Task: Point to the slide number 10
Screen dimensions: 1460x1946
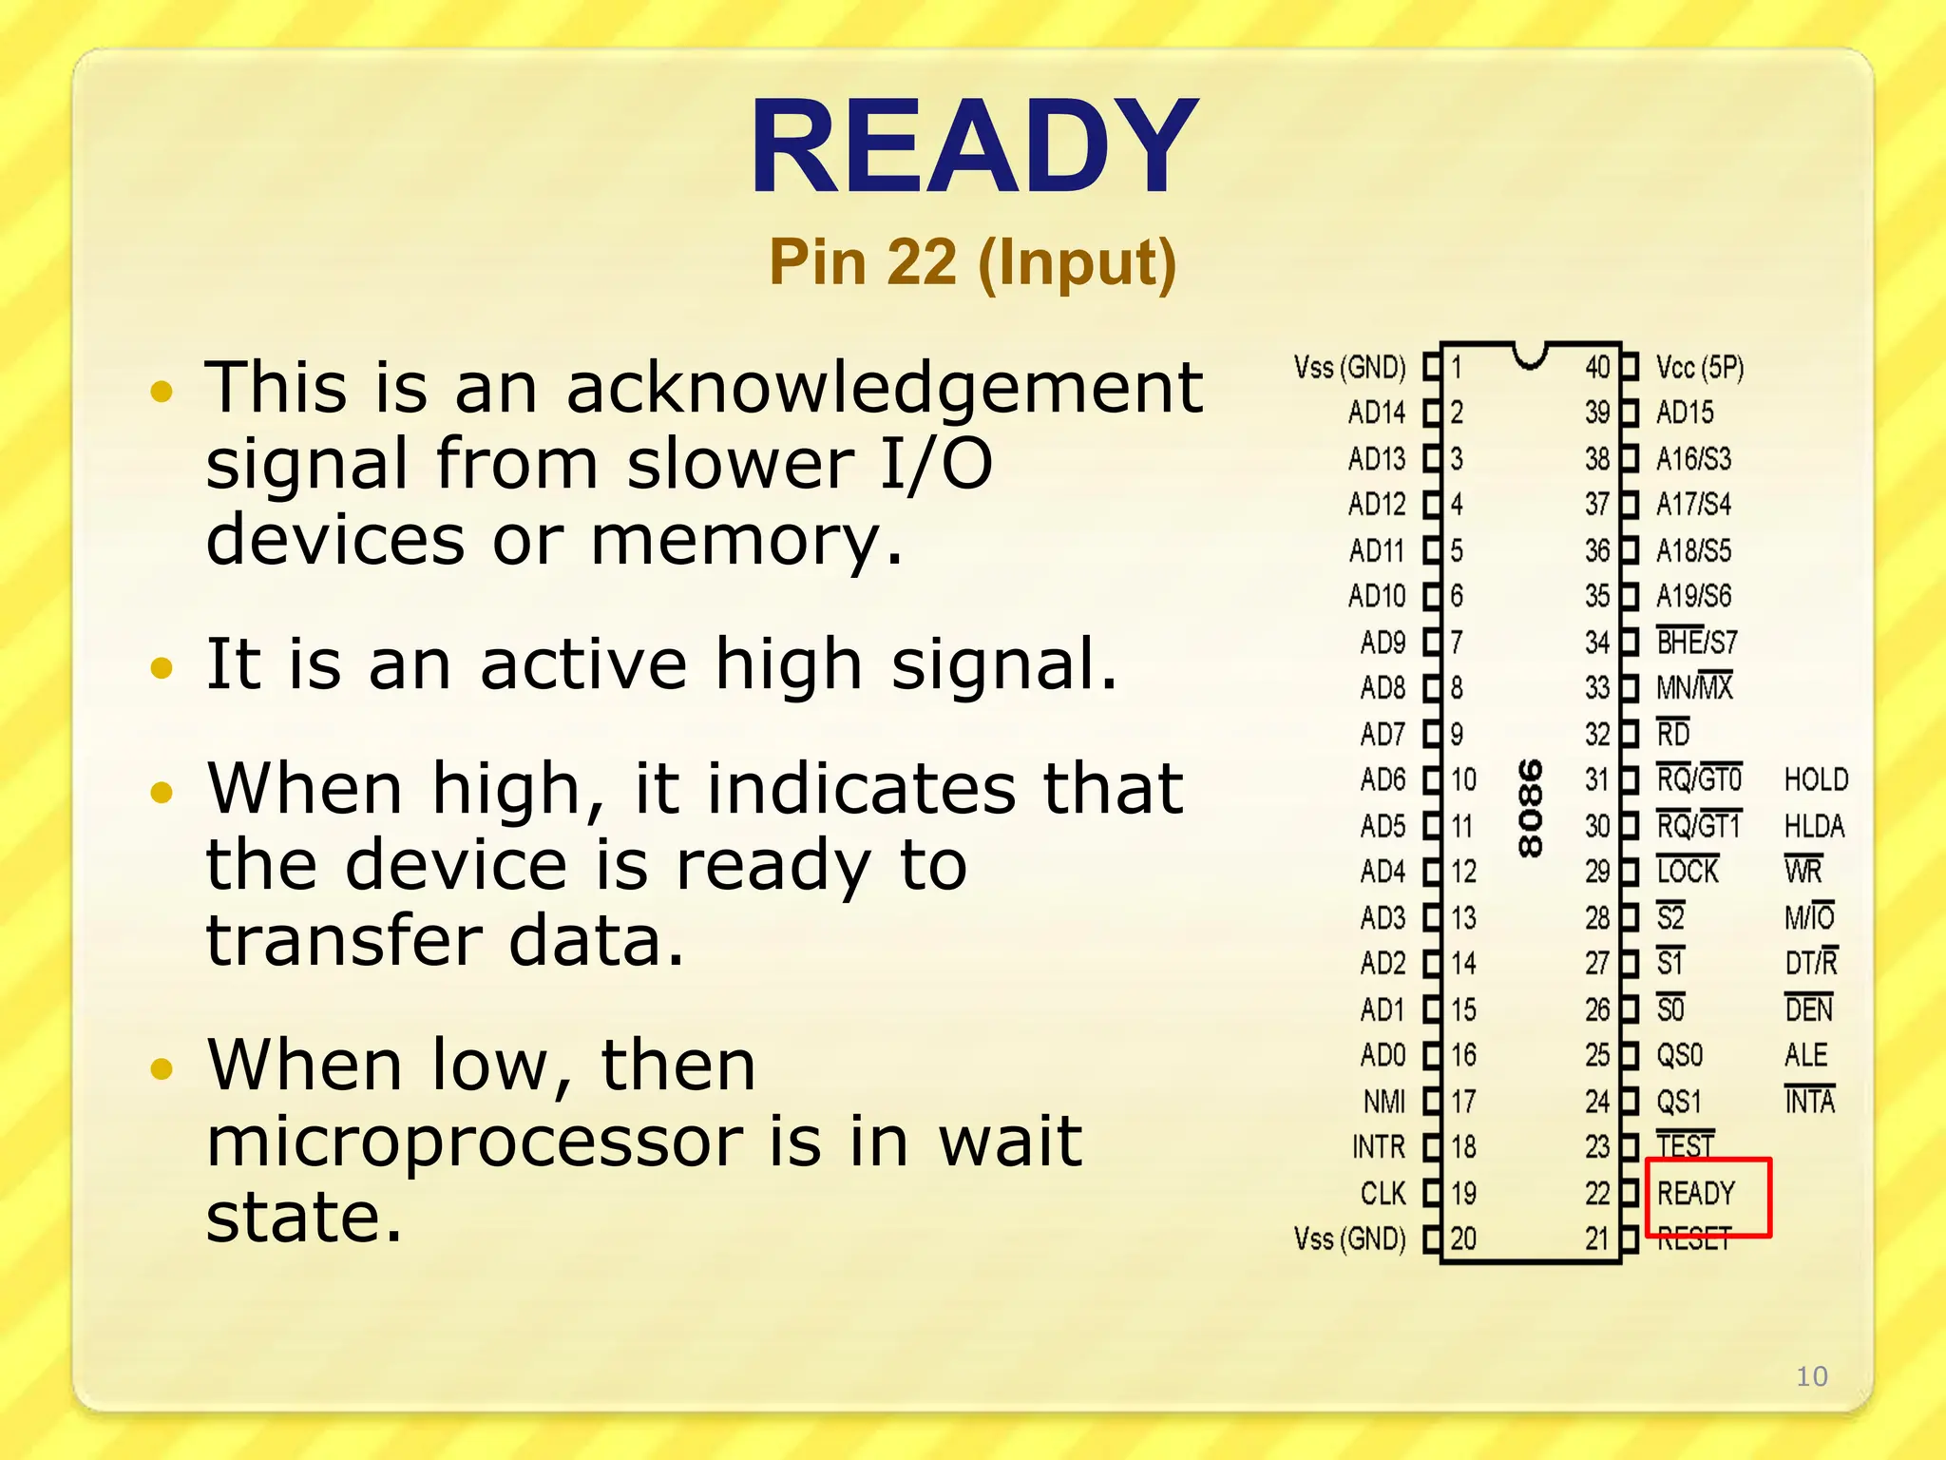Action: [1811, 1375]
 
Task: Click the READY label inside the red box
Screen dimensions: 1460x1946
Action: [1695, 1193]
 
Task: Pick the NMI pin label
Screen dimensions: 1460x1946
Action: [1383, 1102]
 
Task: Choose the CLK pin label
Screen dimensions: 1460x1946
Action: [1383, 1193]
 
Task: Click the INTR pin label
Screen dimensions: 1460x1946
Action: [1378, 1147]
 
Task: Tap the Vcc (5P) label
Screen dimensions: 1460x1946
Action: [1699, 368]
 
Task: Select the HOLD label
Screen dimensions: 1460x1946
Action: [1816, 780]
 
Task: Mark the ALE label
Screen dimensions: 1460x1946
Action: [1805, 1055]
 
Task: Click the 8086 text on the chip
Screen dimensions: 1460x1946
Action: [1530, 808]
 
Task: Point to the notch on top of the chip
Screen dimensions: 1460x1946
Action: [1530, 355]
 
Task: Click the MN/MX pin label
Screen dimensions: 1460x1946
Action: [1694, 687]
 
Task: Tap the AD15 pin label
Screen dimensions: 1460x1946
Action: [1685, 413]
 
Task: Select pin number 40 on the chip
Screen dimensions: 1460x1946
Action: [1597, 368]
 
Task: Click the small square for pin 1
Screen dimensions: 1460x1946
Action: [1432, 368]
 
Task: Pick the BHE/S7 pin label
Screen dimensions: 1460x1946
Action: [1696, 643]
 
